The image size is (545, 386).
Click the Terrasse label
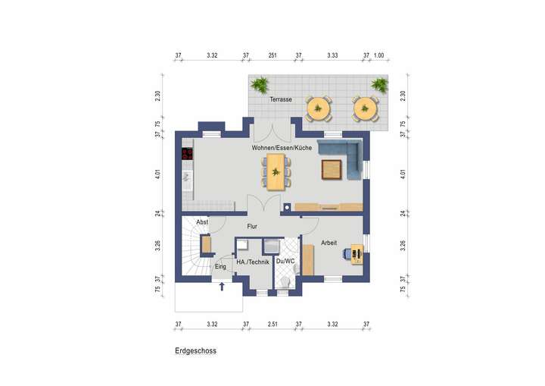pos(281,100)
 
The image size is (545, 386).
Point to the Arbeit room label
pos(329,243)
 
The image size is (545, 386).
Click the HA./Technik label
pos(253,262)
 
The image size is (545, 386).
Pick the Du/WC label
pos(284,262)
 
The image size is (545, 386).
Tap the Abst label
pos(202,221)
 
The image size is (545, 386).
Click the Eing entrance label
pos(221,267)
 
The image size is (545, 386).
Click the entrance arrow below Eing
pos(222,286)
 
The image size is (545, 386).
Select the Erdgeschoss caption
pos(196,351)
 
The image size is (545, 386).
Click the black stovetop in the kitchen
pos(187,155)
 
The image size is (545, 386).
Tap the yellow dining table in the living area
pos(276,171)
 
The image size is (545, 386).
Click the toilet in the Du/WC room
pos(285,281)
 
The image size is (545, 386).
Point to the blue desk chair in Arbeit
pos(346,253)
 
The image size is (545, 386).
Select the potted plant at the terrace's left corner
pos(260,83)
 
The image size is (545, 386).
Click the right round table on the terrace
pos(366,108)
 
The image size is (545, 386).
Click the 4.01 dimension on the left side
pos(158,174)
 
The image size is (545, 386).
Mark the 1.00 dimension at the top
pos(379,55)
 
